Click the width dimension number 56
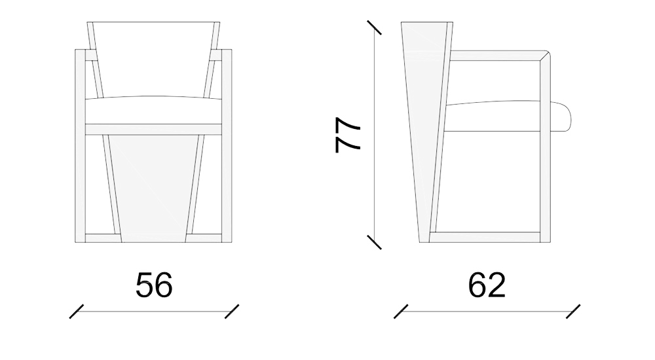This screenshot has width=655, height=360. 154,285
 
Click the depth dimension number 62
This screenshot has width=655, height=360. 487,285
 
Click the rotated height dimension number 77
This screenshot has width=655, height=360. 348,135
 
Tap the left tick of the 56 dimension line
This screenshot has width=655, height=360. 77,311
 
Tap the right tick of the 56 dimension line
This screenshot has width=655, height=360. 232,311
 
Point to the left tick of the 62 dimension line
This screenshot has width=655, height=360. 401,311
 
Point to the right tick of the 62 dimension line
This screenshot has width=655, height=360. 574,311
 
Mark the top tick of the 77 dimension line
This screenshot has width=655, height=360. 375,28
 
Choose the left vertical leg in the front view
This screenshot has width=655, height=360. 81,144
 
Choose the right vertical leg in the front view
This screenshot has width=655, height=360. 227,144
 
